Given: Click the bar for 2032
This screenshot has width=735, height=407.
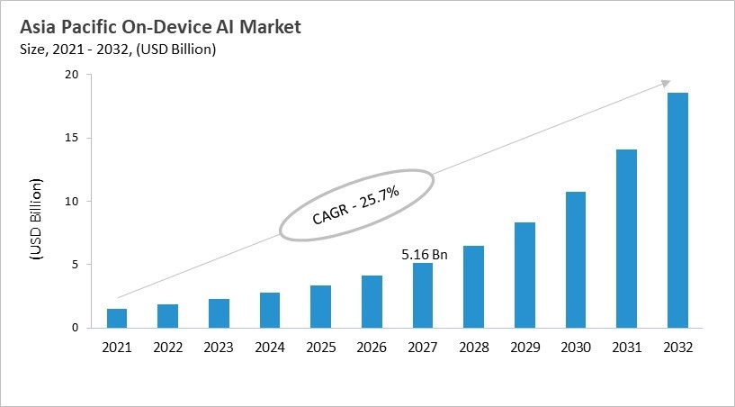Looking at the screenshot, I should click(677, 211).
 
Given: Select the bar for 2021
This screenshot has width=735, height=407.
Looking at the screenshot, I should click(117, 319).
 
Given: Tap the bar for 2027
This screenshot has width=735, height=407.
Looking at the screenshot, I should click(423, 295).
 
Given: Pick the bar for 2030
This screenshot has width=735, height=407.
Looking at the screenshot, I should click(576, 260).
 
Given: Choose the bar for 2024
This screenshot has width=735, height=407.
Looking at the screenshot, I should click(270, 311).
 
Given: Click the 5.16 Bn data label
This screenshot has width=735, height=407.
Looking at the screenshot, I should click(423, 255).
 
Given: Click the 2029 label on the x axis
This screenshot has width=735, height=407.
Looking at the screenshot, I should click(524, 346).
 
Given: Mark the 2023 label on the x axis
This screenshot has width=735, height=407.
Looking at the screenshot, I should click(219, 346).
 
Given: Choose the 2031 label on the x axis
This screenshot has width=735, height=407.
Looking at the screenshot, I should click(626, 346).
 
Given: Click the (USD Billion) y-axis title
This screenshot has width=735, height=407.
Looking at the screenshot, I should click(37, 219).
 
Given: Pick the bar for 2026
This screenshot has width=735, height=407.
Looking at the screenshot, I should click(372, 302).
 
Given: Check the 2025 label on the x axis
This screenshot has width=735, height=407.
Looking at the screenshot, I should click(320, 346).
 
